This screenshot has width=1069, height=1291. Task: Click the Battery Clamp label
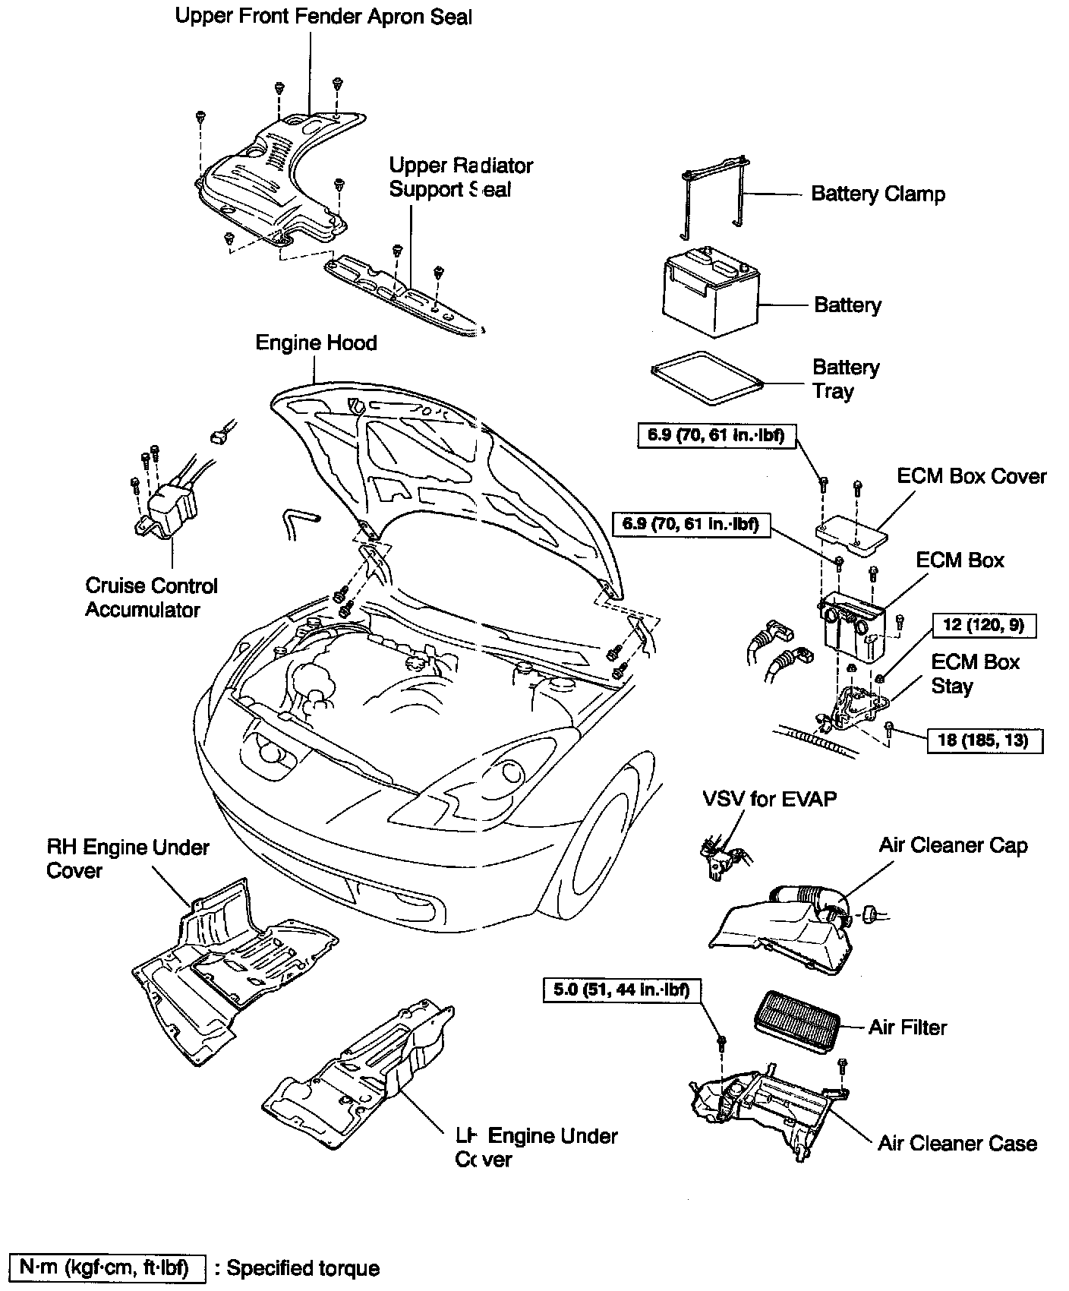pos(878,194)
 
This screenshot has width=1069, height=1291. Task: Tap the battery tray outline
pos(705,377)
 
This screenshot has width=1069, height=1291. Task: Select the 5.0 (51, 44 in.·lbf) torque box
pos(621,990)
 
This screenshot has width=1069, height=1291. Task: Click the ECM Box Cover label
pos(971,477)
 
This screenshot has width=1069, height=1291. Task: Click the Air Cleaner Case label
pos(957,1144)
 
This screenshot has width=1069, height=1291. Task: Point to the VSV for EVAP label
pos(769,799)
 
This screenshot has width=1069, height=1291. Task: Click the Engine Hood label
pos(316,343)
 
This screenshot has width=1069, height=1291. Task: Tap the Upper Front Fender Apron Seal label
pos(323,17)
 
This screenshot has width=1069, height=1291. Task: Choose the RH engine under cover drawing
pos(228,964)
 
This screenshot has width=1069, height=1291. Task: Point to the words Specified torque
pos(303,1268)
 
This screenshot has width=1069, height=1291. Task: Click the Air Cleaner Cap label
pos(953,846)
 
